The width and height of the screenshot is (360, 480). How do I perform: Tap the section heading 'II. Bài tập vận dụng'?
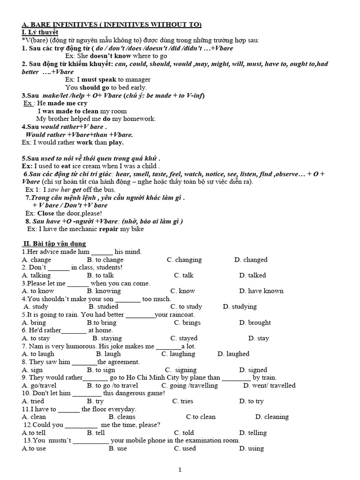point(54,244)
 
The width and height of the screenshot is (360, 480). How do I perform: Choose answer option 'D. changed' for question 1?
point(251,260)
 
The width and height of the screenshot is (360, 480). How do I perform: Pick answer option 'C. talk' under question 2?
point(183,275)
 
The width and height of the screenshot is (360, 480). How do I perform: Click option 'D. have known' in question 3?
point(261,291)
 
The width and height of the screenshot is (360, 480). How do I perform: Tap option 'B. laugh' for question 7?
point(108,354)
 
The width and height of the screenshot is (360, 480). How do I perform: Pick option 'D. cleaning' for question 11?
point(272,417)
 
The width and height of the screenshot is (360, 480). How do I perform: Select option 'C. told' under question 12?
point(184,433)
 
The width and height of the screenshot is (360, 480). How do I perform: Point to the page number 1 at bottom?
point(180,469)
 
